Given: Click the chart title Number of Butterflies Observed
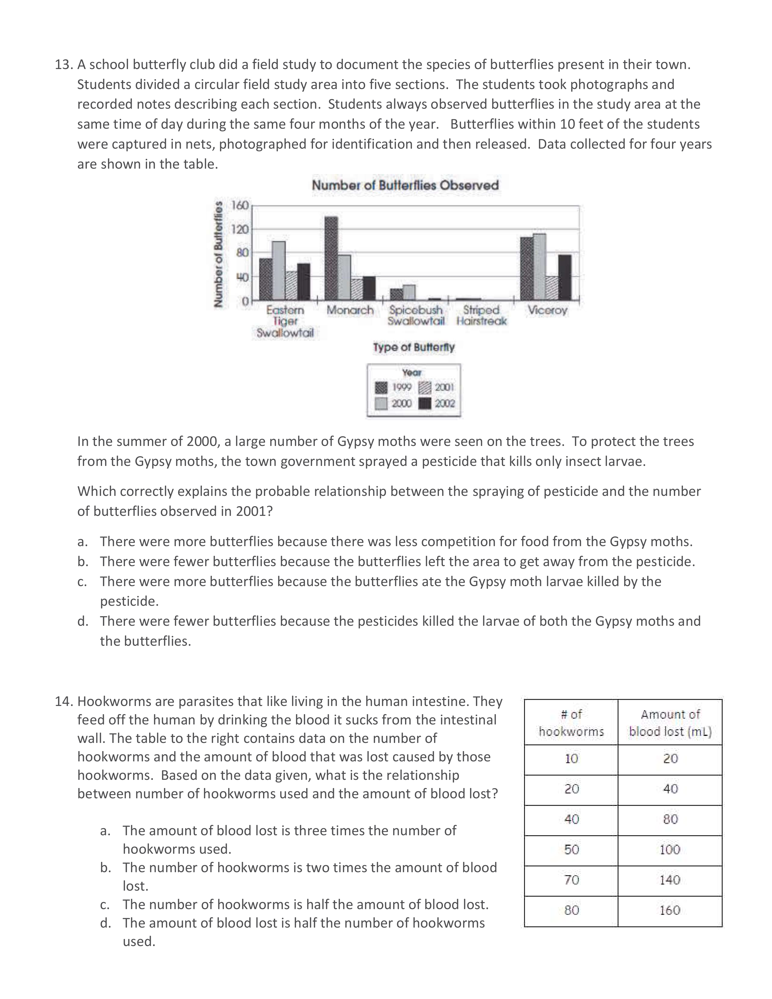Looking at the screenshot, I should [x=405, y=185].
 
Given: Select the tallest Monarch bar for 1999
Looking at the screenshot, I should [x=331, y=259].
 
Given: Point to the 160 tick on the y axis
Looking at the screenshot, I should [x=240, y=205].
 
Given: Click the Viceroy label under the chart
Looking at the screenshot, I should [x=547, y=310].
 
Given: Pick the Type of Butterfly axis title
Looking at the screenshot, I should [x=414, y=347].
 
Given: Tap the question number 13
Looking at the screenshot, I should [x=64, y=64].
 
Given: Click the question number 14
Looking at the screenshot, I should [x=64, y=701].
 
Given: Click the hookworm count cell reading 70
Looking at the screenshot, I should [x=571, y=880].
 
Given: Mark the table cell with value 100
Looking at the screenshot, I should [x=670, y=849].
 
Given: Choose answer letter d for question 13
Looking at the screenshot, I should [x=82, y=621].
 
